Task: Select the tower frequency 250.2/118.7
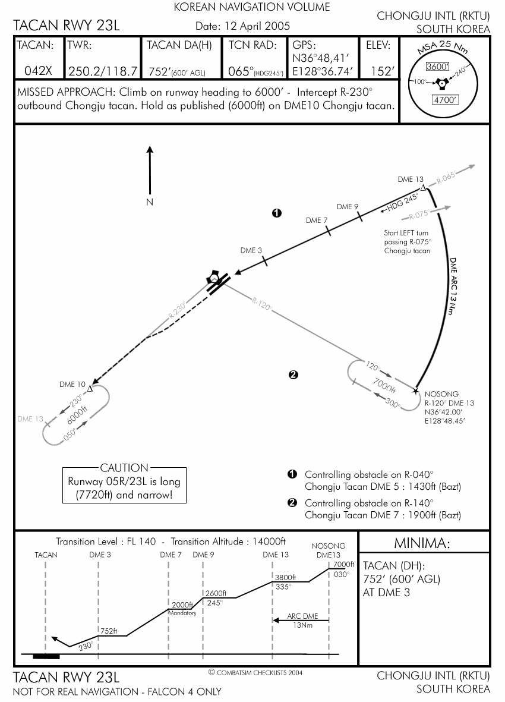(x=103, y=71)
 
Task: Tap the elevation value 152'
(x=382, y=71)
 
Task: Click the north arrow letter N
(x=150, y=202)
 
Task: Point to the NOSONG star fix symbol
(x=415, y=391)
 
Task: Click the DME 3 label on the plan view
(x=251, y=250)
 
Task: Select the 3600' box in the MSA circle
(x=440, y=67)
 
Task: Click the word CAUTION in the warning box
(x=124, y=468)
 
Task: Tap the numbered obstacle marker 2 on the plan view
(x=292, y=374)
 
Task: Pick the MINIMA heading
(x=422, y=543)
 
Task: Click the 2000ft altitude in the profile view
(x=182, y=605)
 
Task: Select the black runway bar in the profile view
(x=46, y=656)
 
